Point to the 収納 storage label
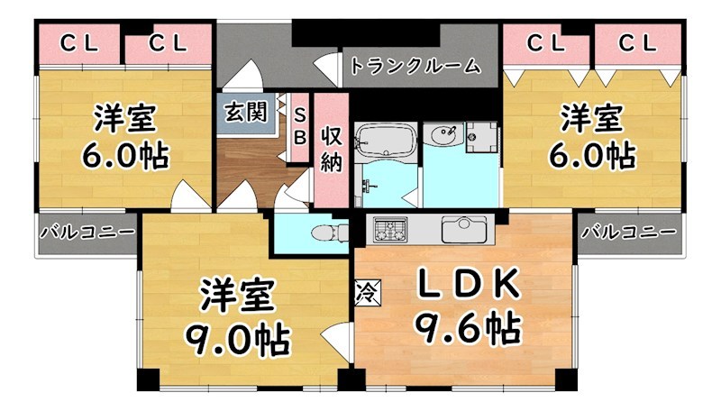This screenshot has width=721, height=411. (x=331, y=149)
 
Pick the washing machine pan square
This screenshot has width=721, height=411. (x=482, y=138)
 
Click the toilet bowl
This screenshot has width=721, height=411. (x=326, y=233)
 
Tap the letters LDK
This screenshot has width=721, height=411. (x=467, y=286)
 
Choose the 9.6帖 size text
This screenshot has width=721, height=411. (x=467, y=325)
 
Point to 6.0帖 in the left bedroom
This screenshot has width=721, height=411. (x=125, y=156)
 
